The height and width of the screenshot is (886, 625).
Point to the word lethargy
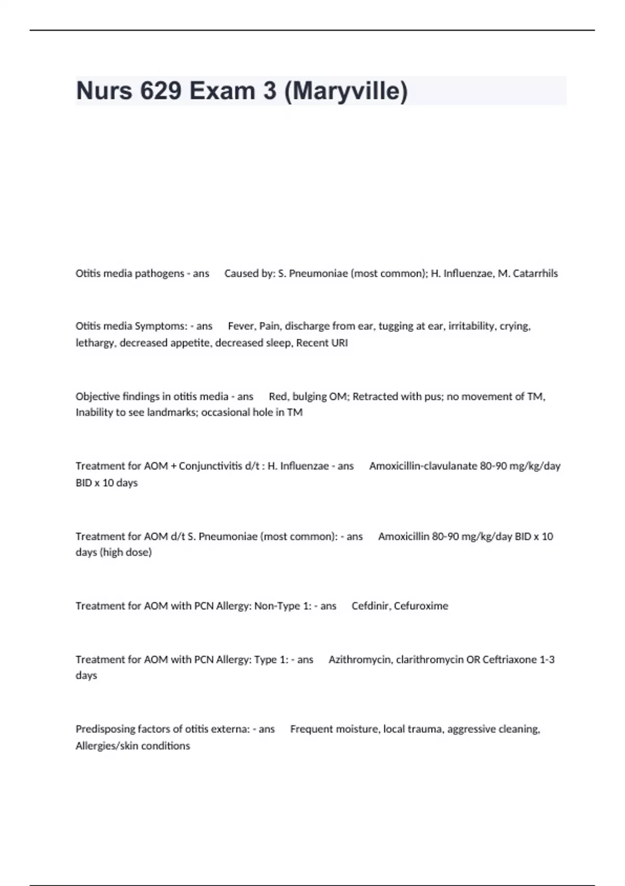[96, 343]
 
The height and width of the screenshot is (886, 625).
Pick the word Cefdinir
[370, 606]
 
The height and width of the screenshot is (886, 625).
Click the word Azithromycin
[360, 660]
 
